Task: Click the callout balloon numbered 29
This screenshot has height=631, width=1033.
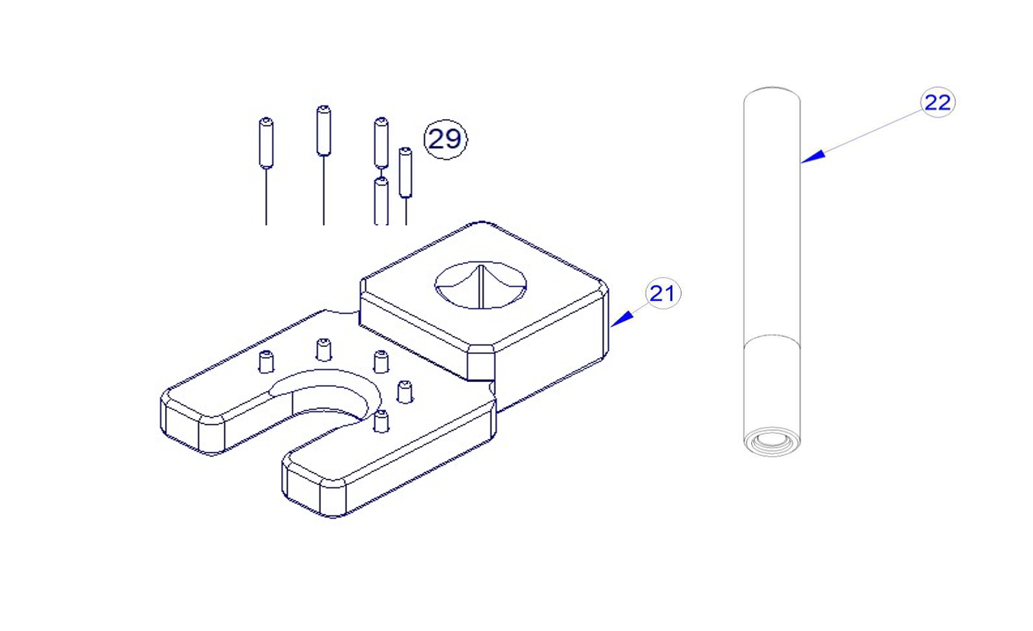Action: click(445, 139)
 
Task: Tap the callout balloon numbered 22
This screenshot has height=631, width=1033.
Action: click(937, 102)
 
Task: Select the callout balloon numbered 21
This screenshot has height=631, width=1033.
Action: click(662, 293)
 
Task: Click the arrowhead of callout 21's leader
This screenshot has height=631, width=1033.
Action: click(621, 319)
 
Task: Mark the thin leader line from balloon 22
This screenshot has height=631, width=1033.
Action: click(860, 136)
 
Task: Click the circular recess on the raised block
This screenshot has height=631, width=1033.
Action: click(481, 285)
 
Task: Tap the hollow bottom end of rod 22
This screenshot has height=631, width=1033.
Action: click(772, 442)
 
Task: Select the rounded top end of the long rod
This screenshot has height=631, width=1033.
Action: click(772, 95)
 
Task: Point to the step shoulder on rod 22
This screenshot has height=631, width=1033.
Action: click(772, 340)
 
